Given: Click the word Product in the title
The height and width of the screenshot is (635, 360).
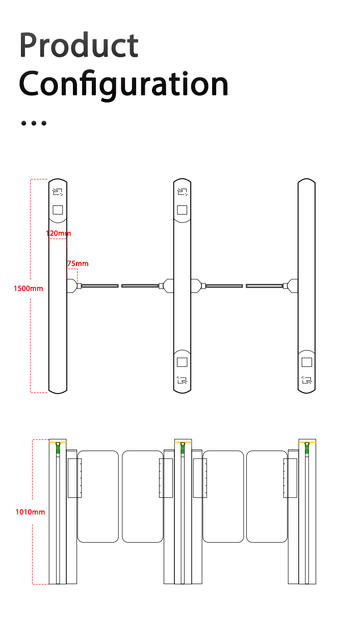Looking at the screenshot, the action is coord(79,45).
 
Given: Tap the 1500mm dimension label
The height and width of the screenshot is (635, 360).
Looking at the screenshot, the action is coord(29,288).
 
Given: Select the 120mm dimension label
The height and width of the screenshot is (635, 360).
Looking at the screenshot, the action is coord(59,233).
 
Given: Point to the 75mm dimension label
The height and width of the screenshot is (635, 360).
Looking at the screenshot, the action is coord(78,263).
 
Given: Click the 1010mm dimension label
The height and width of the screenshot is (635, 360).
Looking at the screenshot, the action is coord(30,512).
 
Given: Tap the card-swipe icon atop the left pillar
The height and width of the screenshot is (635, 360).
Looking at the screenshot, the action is coord(58,192).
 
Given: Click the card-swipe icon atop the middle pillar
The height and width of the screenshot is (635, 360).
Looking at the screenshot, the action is coord(182,192).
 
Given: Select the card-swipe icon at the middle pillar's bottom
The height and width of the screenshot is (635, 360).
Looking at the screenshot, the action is coord(182,380).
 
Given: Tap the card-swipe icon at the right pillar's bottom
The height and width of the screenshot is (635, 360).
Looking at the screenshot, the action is coord(306,380).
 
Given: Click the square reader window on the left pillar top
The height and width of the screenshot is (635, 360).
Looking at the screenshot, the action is coord(58,210).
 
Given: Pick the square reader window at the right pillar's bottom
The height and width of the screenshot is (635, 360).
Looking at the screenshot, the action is coord(306,362).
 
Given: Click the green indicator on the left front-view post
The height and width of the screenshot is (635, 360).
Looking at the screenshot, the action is coord(58,448).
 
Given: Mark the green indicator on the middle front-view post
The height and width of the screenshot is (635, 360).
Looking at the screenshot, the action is coord(183,448).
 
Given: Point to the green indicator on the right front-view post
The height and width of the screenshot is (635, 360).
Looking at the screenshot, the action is coord(307,448).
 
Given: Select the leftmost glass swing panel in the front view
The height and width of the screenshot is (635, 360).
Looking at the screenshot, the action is coord(98,496).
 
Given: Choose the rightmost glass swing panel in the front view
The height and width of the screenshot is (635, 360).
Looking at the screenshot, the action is coord(267,496).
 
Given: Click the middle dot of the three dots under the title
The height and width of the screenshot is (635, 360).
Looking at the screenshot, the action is coord(34,123).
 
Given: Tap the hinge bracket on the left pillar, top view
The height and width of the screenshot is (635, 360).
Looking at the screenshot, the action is coord(72,286).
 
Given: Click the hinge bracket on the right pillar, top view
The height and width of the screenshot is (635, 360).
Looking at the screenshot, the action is coord(293,286).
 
